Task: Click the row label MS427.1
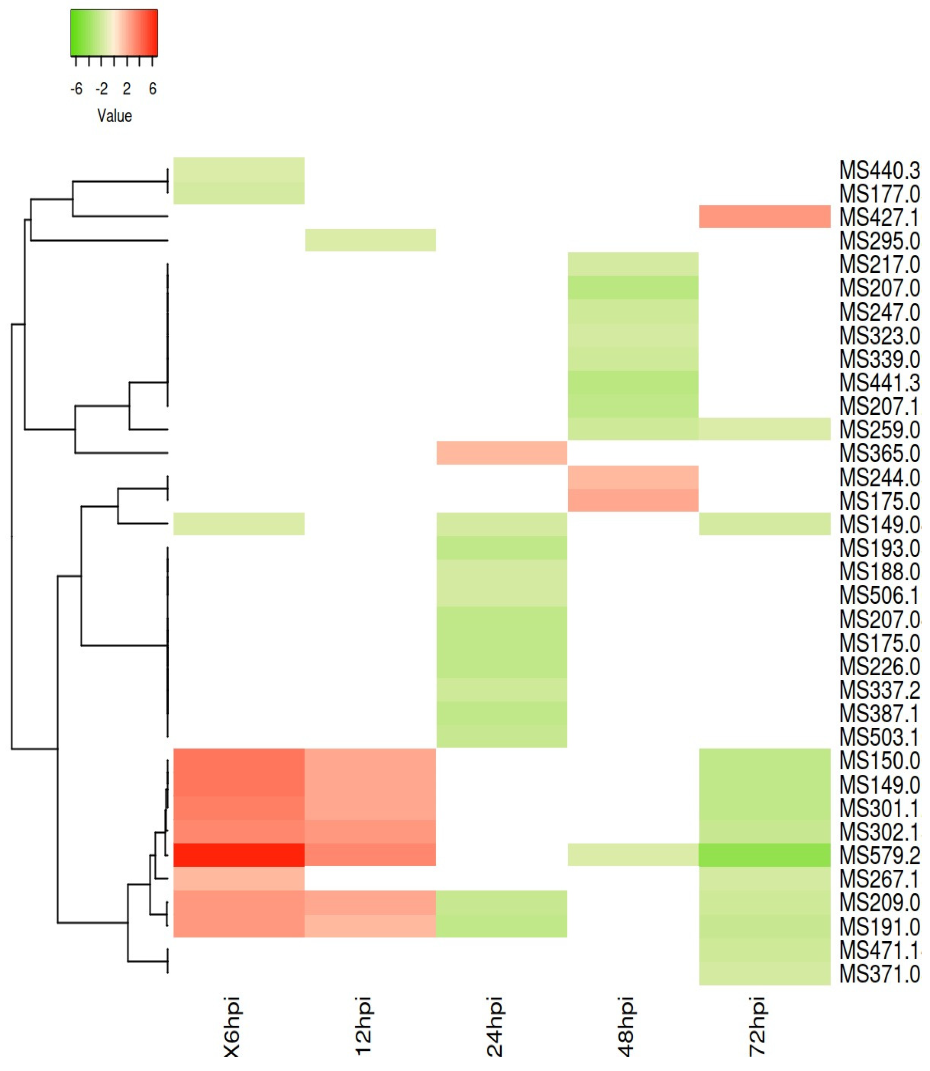click(879, 218)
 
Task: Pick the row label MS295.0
click(879, 241)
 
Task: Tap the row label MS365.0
click(879, 454)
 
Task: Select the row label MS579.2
click(879, 855)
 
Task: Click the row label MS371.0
click(879, 974)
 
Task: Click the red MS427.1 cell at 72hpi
click(764, 217)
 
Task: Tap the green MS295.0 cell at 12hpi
click(370, 240)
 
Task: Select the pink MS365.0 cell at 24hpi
click(502, 453)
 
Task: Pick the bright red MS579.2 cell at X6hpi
click(239, 855)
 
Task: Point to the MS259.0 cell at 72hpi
click(764, 429)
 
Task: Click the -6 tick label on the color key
click(76, 89)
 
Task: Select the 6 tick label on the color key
click(152, 89)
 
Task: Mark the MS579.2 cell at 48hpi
click(633, 855)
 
